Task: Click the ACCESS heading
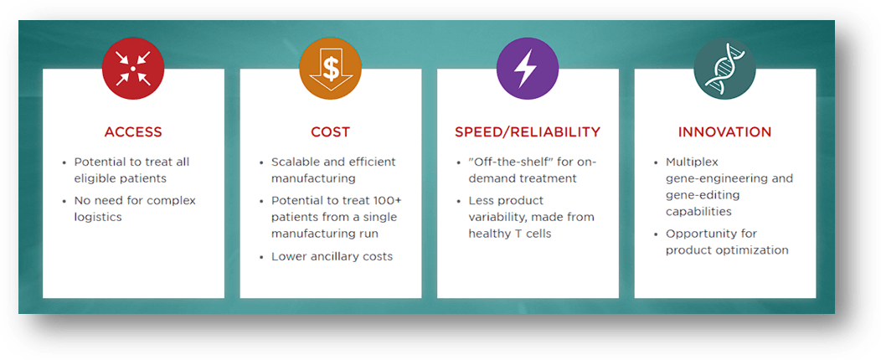tap(133, 132)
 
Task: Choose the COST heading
tap(330, 132)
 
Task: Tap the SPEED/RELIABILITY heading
tap(528, 132)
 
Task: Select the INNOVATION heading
tap(725, 132)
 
